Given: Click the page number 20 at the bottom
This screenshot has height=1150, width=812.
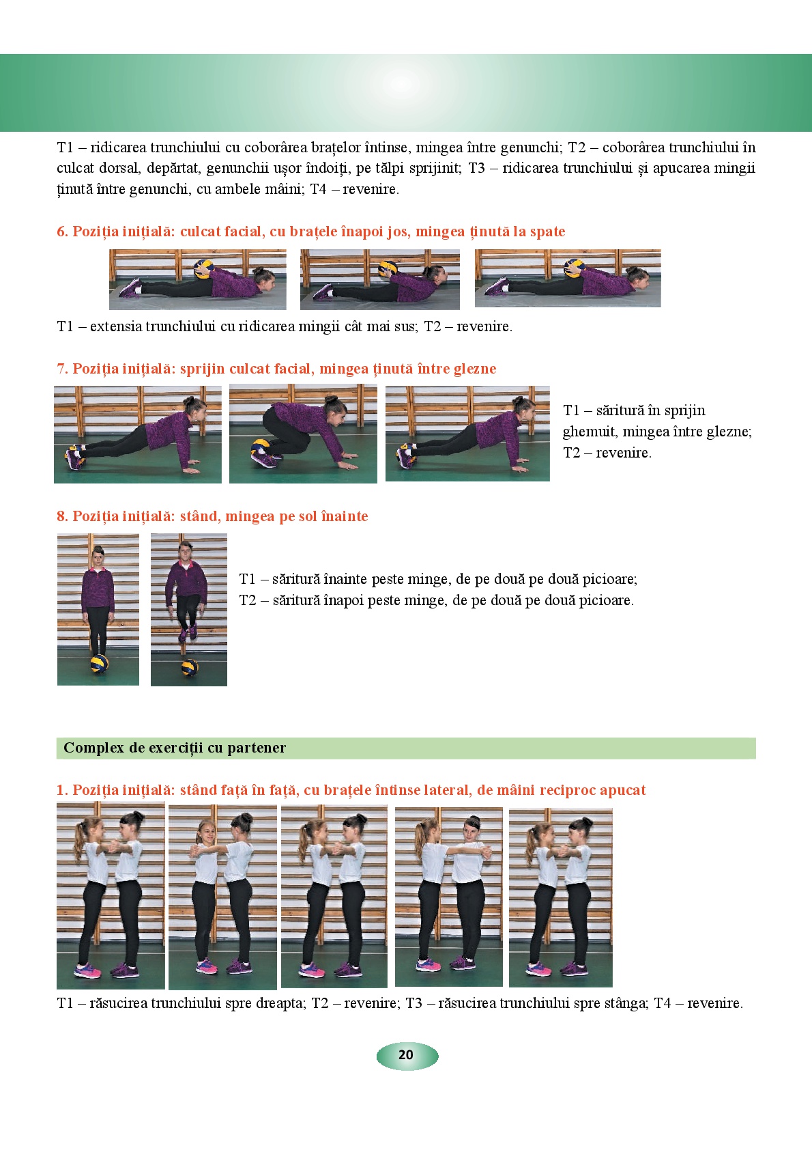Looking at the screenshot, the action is (x=406, y=1054).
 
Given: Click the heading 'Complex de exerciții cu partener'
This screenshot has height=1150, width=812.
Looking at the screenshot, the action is (x=175, y=748).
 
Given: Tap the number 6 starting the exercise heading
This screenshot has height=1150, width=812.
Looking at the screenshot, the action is (x=61, y=232).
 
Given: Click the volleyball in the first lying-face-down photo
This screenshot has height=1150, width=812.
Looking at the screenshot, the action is (x=203, y=268).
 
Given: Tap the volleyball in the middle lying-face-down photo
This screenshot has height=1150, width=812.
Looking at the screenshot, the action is (x=388, y=269).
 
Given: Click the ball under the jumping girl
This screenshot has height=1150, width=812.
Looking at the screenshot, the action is (x=190, y=667).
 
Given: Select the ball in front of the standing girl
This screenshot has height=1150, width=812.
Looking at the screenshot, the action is (x=99, y=663).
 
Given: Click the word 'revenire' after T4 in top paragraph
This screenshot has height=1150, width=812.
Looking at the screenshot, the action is (x=370, y=189).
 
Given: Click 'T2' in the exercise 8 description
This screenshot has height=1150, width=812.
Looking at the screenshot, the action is (x=248, y=600).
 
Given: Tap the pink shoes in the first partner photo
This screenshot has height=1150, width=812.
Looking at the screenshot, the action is (x=87, y=970).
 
